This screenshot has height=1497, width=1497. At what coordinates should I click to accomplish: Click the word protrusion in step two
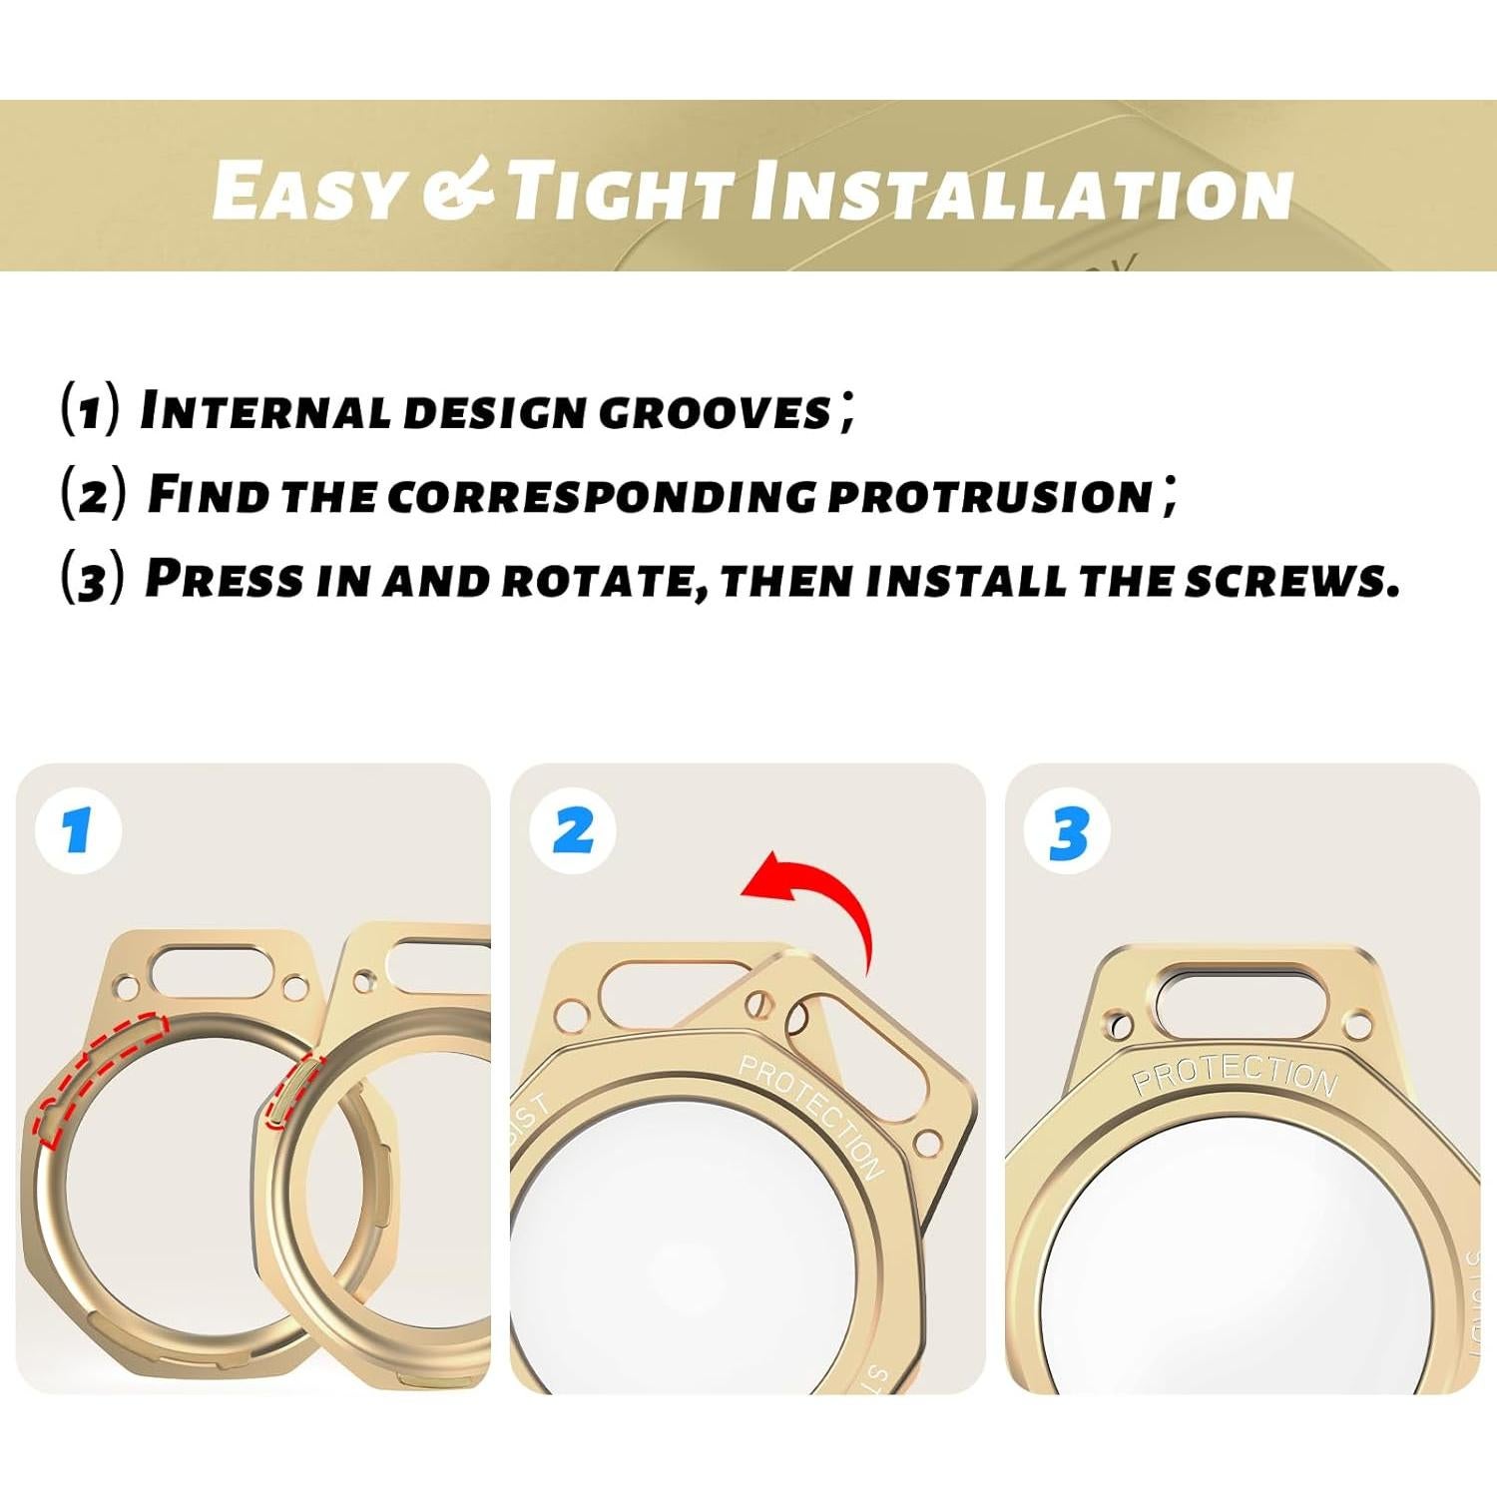(x=990, y=495)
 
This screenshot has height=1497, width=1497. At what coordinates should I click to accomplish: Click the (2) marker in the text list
(x=94, y=493)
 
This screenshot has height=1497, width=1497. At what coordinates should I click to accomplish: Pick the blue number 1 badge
(x=77, y=830)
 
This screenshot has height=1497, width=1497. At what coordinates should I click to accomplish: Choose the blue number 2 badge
(x=573, y=830)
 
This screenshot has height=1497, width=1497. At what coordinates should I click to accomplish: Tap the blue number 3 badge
(x=1068, y=832)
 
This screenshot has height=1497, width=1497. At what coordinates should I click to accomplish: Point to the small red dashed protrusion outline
(x=290, y=1093)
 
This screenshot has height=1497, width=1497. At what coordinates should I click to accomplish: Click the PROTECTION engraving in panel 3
(x=1235, y=1075)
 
